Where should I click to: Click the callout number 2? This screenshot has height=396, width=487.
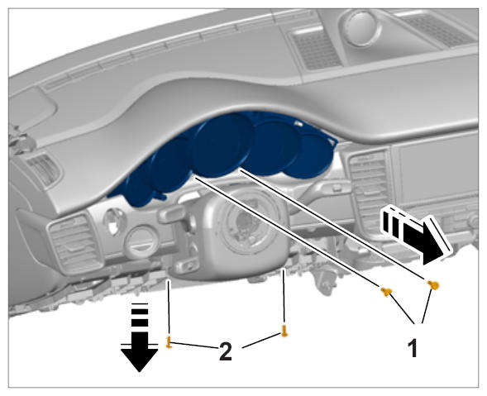point(226,352)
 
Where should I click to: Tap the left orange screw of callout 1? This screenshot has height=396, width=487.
point(386,292)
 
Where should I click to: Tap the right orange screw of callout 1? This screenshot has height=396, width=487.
point(433,284)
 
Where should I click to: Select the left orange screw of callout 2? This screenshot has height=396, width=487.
point(169,342)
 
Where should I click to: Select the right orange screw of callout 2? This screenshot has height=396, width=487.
point(284,331)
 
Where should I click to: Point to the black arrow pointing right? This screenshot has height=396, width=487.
point(414,236)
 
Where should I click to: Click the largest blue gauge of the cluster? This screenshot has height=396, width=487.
point(221,145)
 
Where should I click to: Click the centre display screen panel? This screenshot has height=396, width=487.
point(438,174)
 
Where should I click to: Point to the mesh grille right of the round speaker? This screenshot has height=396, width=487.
point(438,30)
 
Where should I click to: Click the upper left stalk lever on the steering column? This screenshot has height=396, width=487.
point(172,215)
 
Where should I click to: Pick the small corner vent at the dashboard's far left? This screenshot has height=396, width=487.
point(44,169)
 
